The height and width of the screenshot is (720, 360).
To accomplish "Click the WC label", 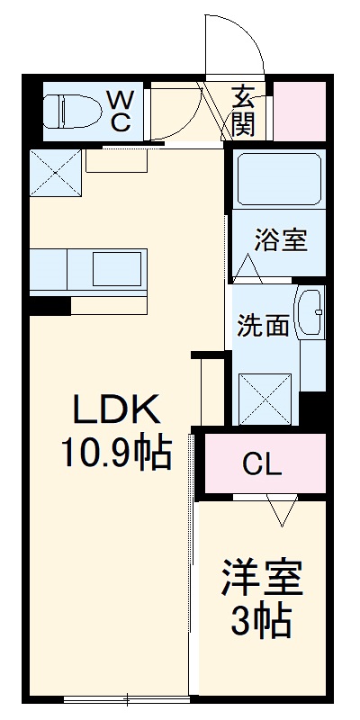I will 121,110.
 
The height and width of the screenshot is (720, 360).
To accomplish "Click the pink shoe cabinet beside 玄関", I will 300,111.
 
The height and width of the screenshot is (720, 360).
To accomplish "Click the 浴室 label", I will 280,240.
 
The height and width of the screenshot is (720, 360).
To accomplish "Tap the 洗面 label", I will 263,325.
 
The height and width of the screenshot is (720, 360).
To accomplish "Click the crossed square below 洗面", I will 265,397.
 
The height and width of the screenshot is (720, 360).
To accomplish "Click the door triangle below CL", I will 281,511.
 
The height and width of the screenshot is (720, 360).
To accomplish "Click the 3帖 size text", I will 261,621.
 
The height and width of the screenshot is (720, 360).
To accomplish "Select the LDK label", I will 117,412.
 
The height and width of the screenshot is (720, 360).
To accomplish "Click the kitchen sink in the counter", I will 117,268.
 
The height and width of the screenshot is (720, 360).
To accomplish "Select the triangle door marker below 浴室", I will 250,266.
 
